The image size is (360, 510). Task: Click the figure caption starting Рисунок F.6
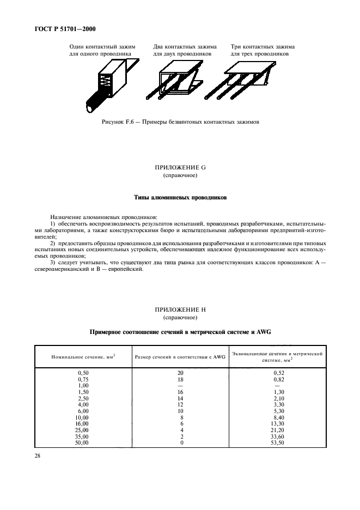[x=180, y=122]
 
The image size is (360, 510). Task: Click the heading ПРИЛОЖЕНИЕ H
[x=180, y=310]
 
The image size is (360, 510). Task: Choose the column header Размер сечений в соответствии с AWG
[x=180, y=357]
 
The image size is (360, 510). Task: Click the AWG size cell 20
[x=180, y=372]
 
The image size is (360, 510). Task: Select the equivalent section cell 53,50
[x=277, y=443]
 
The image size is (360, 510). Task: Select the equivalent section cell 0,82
[x=277, y=379]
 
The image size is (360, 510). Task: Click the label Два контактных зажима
[x=185, y=47]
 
